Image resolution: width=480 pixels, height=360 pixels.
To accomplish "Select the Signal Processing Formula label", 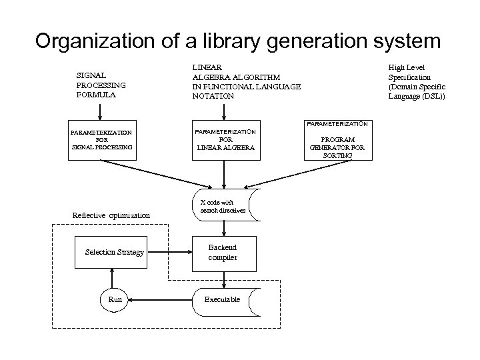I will coord(101,85).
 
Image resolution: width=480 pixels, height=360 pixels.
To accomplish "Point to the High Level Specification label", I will coord(417,82).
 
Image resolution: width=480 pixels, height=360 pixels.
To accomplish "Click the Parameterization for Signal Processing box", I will coord(102,140).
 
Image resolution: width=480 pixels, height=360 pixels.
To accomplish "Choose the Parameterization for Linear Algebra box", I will coord(225,140).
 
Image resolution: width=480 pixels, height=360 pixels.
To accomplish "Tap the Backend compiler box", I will coord(223,252).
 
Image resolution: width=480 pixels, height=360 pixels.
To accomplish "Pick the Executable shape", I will coord(223,299).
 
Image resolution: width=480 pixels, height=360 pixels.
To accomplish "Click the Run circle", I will coord(115,299).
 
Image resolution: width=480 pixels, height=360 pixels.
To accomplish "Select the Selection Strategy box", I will coord(115,252).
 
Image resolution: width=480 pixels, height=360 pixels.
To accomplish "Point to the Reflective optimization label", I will coord(111,215).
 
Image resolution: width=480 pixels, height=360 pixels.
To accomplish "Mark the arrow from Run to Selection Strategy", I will coord(115,276).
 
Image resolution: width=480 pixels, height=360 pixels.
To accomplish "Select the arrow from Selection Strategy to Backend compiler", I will coord(168,252).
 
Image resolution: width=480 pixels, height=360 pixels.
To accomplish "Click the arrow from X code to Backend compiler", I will coord(223,229).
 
